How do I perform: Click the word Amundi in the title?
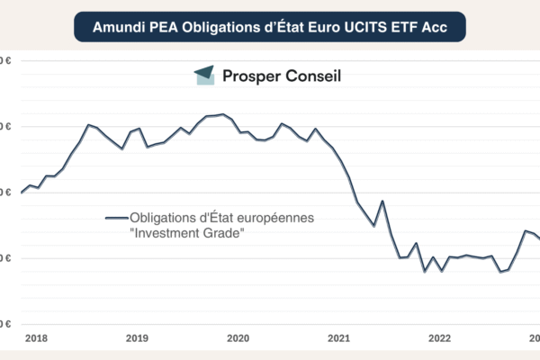pos(118,28)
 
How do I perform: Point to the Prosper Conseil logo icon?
pos(205,76)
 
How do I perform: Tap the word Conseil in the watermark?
pos(313,76)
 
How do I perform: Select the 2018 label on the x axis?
pos(37,338)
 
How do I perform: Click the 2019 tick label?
pos(137,338)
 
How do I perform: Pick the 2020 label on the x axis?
pos(238,338)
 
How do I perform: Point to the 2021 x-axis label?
pos(338,338)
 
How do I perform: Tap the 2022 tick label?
pos(439,338)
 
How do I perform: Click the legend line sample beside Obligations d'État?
pos(116,218)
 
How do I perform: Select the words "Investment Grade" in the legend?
pos(187,233)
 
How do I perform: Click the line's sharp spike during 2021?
pos(382,201)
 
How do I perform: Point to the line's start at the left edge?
pos(22,192)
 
